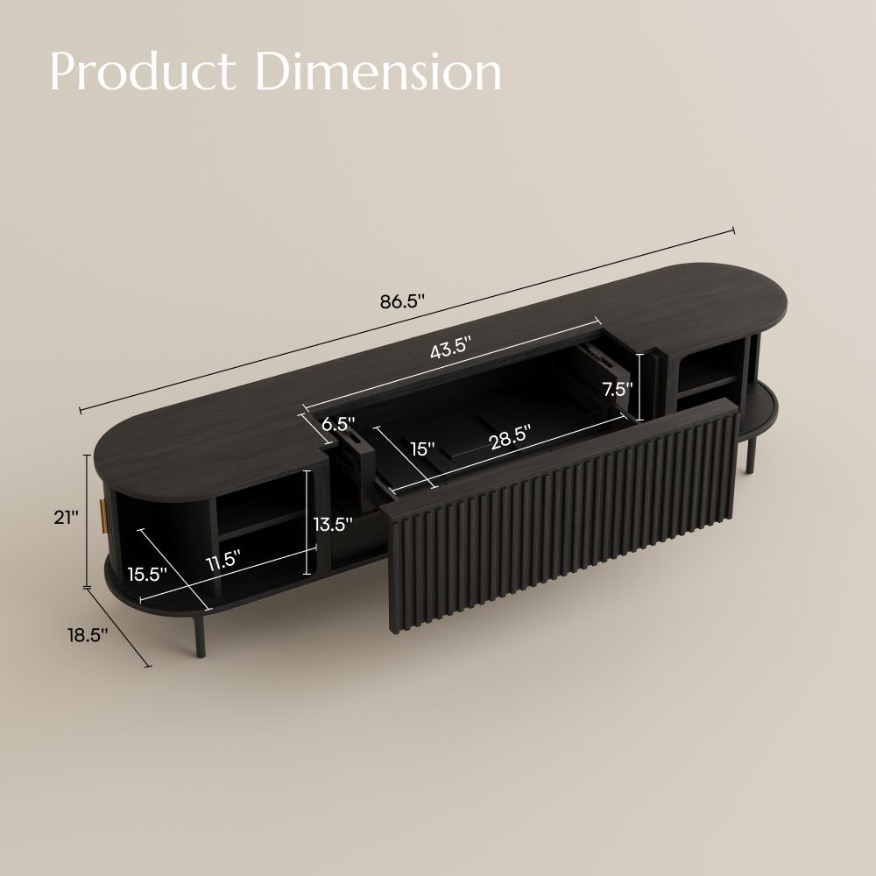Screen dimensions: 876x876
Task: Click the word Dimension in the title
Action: coord(383,73)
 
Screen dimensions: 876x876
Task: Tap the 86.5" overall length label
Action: coord(402,302)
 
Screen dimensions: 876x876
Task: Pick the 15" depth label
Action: coord(422,449)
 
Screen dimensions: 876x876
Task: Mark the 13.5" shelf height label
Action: coord(334,524)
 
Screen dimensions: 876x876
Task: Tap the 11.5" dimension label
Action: coord(223,562)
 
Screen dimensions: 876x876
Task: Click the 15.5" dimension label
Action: coord(147,575)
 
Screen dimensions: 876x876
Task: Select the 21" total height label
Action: coord(66,518)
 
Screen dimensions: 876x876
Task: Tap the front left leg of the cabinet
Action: coord(191,635)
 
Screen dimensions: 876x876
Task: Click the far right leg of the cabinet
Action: coord(750,456)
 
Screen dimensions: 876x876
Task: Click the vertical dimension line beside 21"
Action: coord(87,521)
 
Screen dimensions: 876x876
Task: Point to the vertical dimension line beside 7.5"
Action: coord(641,386)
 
